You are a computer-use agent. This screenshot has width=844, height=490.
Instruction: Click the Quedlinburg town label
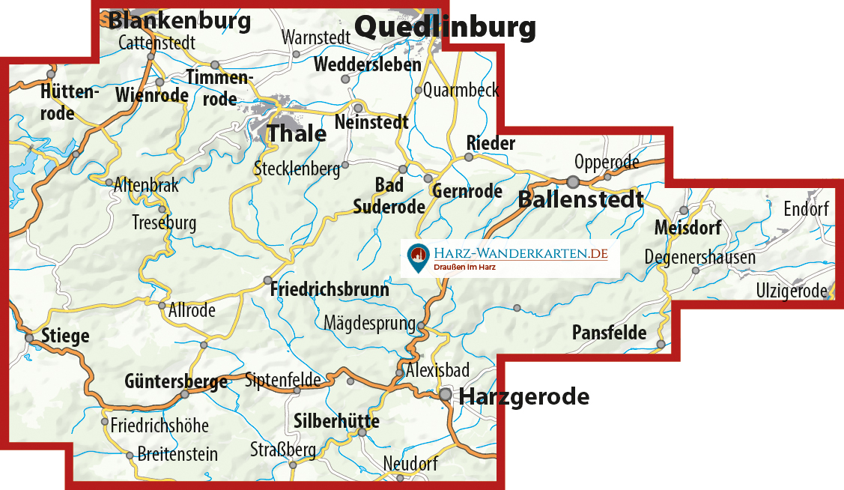tap(445, 28)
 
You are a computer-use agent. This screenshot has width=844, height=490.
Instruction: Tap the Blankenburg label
tap(180, 20)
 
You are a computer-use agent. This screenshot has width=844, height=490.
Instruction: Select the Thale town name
tap(297, 133)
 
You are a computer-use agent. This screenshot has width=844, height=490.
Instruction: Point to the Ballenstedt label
tap(580, 199)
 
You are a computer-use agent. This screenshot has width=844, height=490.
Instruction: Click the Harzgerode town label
tap(524, 396)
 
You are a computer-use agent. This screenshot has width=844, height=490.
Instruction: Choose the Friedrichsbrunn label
tap(330, 289)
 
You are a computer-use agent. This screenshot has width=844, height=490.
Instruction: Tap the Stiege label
tap(65, 336)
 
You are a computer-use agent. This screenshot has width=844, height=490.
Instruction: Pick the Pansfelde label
tap(609, 333)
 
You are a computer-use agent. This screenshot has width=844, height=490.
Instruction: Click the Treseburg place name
tap(163, 223)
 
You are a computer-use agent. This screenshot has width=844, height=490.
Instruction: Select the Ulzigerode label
tap(791, 291)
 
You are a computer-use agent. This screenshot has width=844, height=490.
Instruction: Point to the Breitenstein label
tap(177, 454)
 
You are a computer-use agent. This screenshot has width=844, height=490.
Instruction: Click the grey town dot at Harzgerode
tap(446, 393)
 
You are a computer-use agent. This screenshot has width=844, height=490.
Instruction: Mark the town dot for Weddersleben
tap(345, 79)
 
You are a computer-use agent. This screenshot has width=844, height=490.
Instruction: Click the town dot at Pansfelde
tap(661, 344)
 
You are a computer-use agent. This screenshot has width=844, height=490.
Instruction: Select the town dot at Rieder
tap(469, 157)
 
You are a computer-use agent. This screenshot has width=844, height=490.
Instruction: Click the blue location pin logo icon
tap(417, 258)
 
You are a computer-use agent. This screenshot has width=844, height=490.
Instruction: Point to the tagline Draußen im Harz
tap(465, 267)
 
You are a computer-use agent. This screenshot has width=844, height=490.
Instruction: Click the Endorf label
tap(806, 209)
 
